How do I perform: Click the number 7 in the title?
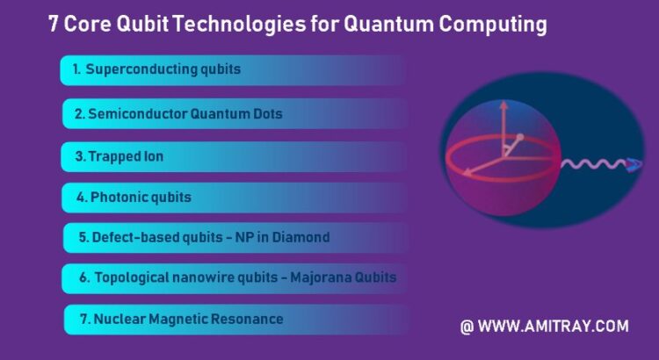tap(54, 24)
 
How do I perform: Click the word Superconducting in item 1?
tap(141, 69)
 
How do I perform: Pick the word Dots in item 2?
tap(268, 114)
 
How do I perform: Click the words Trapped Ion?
tap(126, 156)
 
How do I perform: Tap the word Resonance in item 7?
tap(247, 319)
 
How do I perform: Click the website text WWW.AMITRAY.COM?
tap(553, 327)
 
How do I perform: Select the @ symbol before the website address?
tap(467, 327)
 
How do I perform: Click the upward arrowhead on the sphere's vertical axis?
tap(503, 105)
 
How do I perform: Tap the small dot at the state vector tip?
tap(520, 137)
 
